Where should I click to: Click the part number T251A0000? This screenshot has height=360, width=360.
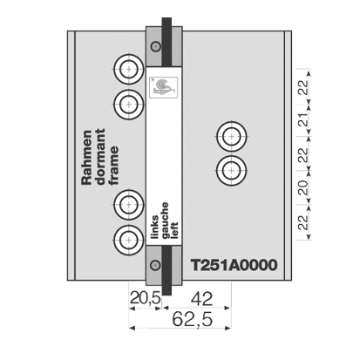click(x=234, y=265)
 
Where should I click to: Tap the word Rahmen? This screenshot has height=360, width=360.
click(x=86, y=158)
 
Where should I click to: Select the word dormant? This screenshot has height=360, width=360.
click(x=100, y=157)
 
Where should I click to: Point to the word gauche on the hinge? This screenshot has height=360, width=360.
click(x=165, y=221)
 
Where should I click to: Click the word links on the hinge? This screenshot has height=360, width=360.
click(x=155, y=227)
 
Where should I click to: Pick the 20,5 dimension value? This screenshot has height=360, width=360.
click(x=145, y=298)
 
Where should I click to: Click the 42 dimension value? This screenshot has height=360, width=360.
click(x=202, y=299)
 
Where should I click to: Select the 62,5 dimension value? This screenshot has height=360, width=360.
click(x=193, y=319)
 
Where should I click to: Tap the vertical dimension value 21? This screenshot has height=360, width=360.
click(x=303, y=119)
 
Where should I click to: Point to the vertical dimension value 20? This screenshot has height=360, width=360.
click(x=303, y=187)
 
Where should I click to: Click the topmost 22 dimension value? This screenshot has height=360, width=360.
click(x=303, y=87)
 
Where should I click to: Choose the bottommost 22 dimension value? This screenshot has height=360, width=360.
click(x=303, y=222)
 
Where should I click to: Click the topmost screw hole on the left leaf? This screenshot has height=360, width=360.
click(x=129, y=69)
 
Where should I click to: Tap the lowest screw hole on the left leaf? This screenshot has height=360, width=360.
click(x=129, y=240)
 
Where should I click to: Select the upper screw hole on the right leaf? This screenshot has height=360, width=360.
click(x=231, y=136)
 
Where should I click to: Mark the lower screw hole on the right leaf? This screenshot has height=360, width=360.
click(x=231, y=170)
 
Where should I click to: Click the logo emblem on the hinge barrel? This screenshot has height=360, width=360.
click(x=163, y=87)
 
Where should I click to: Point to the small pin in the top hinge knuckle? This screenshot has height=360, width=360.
click(x=156, y=46)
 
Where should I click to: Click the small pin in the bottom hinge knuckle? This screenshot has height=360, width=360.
click(x=155, y=265)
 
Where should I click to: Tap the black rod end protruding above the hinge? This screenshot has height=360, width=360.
click(x=166, y=22)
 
